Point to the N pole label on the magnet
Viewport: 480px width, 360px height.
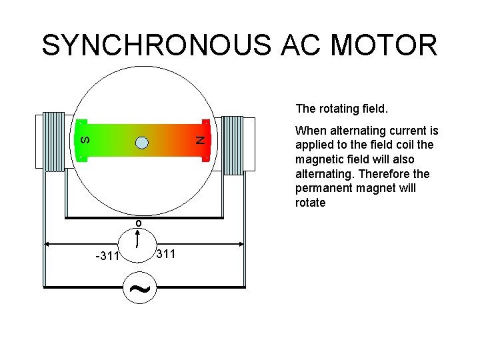(198, 140)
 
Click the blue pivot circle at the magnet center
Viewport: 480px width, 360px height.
(141, 141)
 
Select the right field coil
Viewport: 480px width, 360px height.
(233, 145)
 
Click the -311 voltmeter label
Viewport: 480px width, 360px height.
(107, 256)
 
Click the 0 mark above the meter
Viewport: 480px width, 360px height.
(138, 223)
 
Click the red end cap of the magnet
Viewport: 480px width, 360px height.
(206, 140)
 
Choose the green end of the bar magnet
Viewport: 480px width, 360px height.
(100, 140)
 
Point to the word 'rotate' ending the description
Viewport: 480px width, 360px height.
(310, 203)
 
